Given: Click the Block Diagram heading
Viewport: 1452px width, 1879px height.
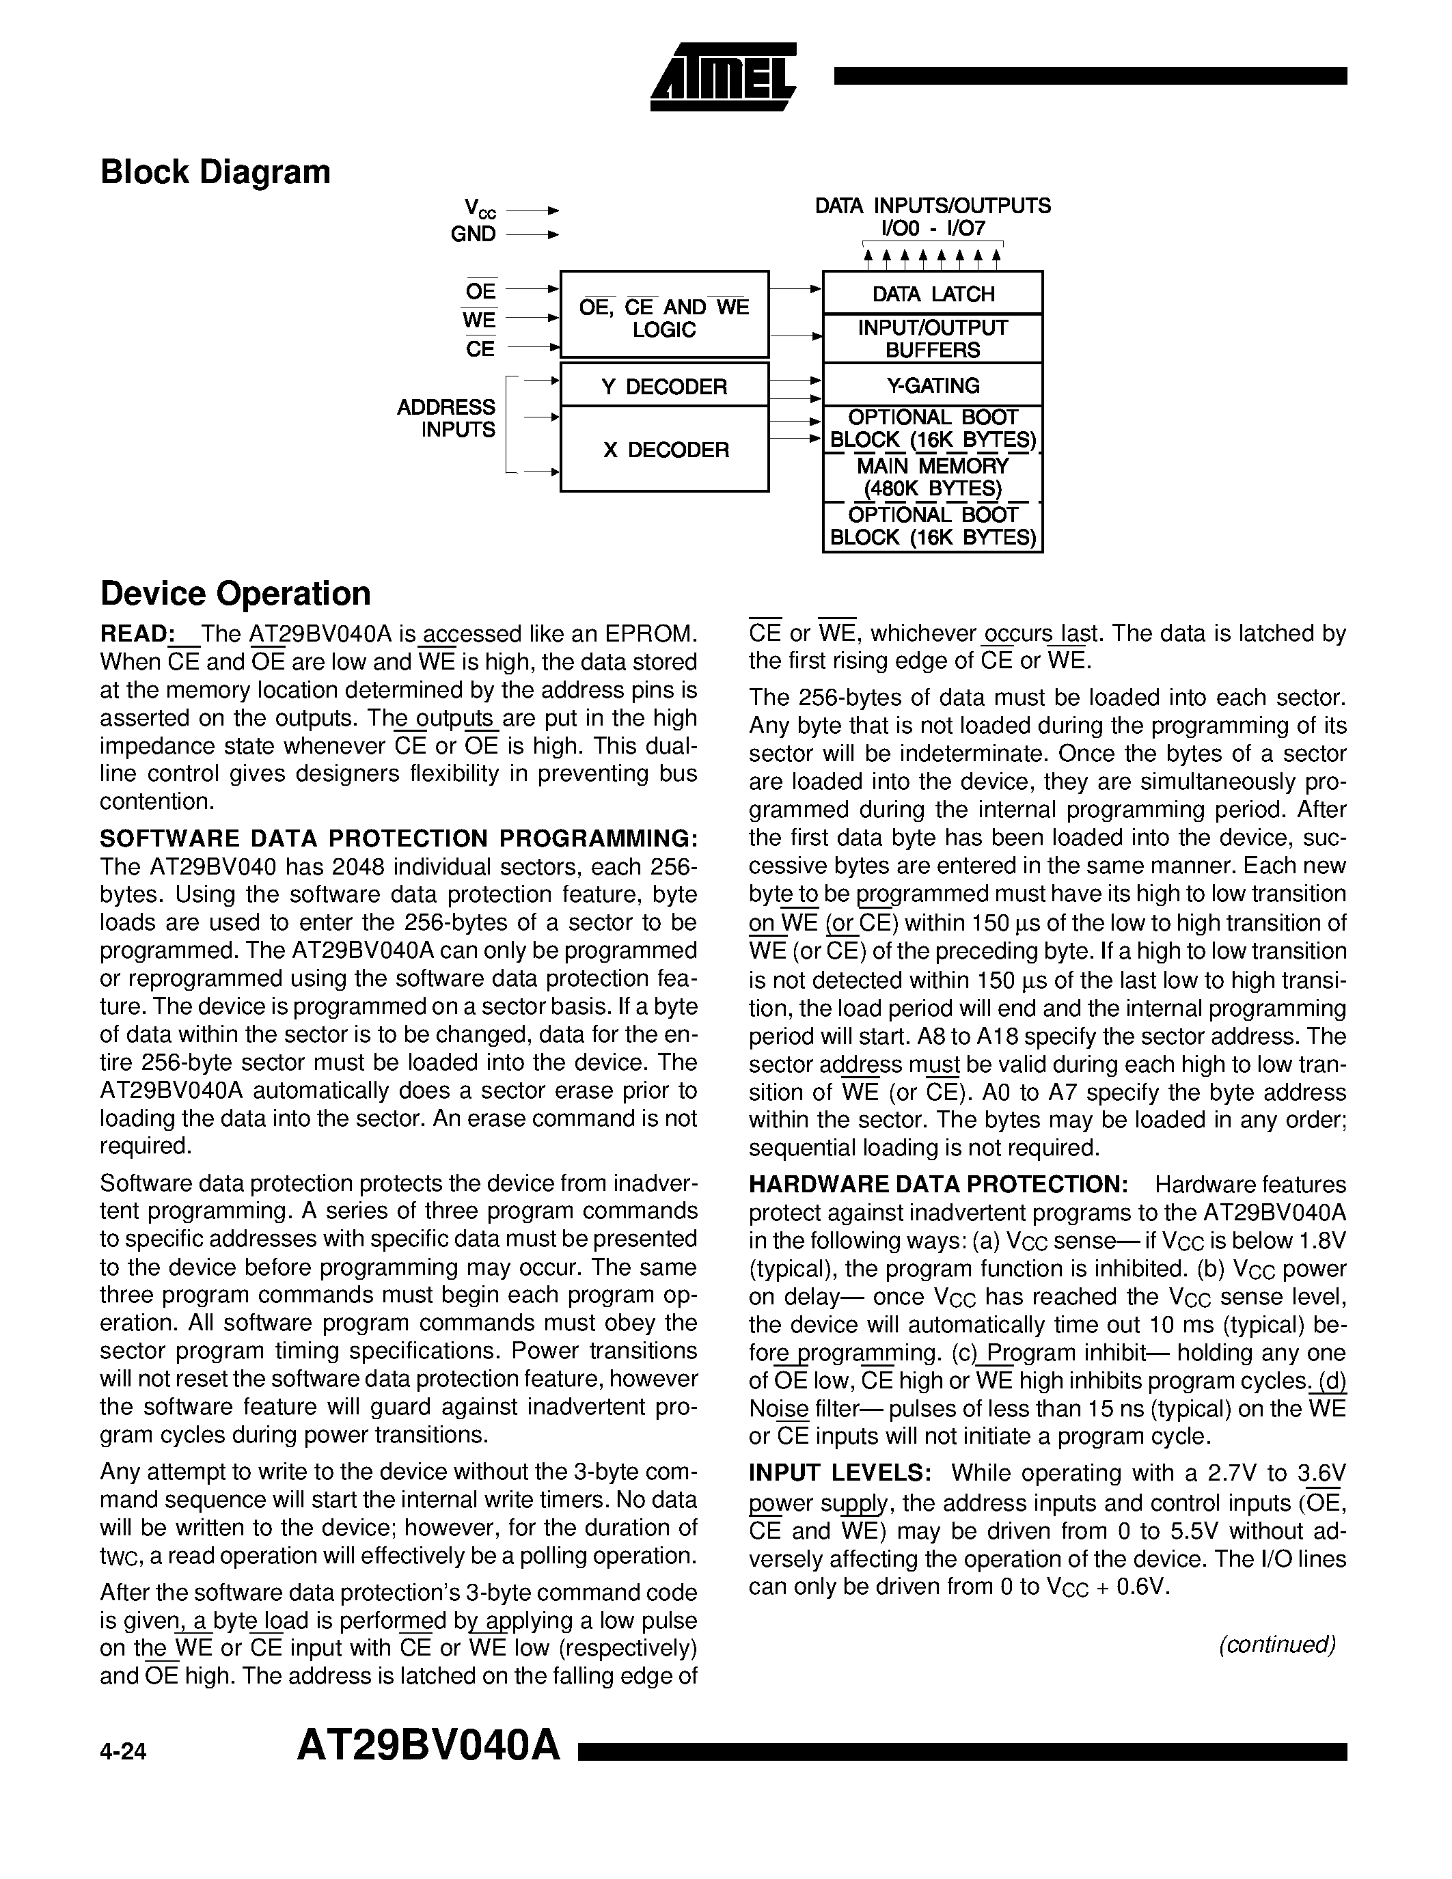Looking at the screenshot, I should tap(215, 172).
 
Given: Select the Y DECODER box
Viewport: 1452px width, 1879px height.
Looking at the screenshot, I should tap(664, 386).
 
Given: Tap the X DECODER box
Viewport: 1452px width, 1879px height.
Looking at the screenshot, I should tap(664, 449).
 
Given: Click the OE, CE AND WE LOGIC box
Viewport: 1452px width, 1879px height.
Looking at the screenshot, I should tap(664, 318).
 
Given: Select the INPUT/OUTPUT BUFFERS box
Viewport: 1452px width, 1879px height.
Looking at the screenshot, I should tap(933, 339).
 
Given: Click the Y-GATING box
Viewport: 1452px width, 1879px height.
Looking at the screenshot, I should tap(933, 385).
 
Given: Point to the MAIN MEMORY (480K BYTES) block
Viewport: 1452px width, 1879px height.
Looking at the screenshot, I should tap(933, 478).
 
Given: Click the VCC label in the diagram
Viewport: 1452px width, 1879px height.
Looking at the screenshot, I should tap(479, 208).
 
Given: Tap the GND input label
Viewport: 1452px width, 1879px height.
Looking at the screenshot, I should tap(473, 234).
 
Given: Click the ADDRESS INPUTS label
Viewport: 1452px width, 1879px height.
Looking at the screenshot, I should tap(446, 418).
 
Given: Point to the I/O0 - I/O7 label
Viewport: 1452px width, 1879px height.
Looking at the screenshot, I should tap(933, 229).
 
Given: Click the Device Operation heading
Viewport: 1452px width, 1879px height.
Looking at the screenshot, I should tap(235, 594).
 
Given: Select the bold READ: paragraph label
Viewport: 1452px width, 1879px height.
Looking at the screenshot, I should tap(137, 634).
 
